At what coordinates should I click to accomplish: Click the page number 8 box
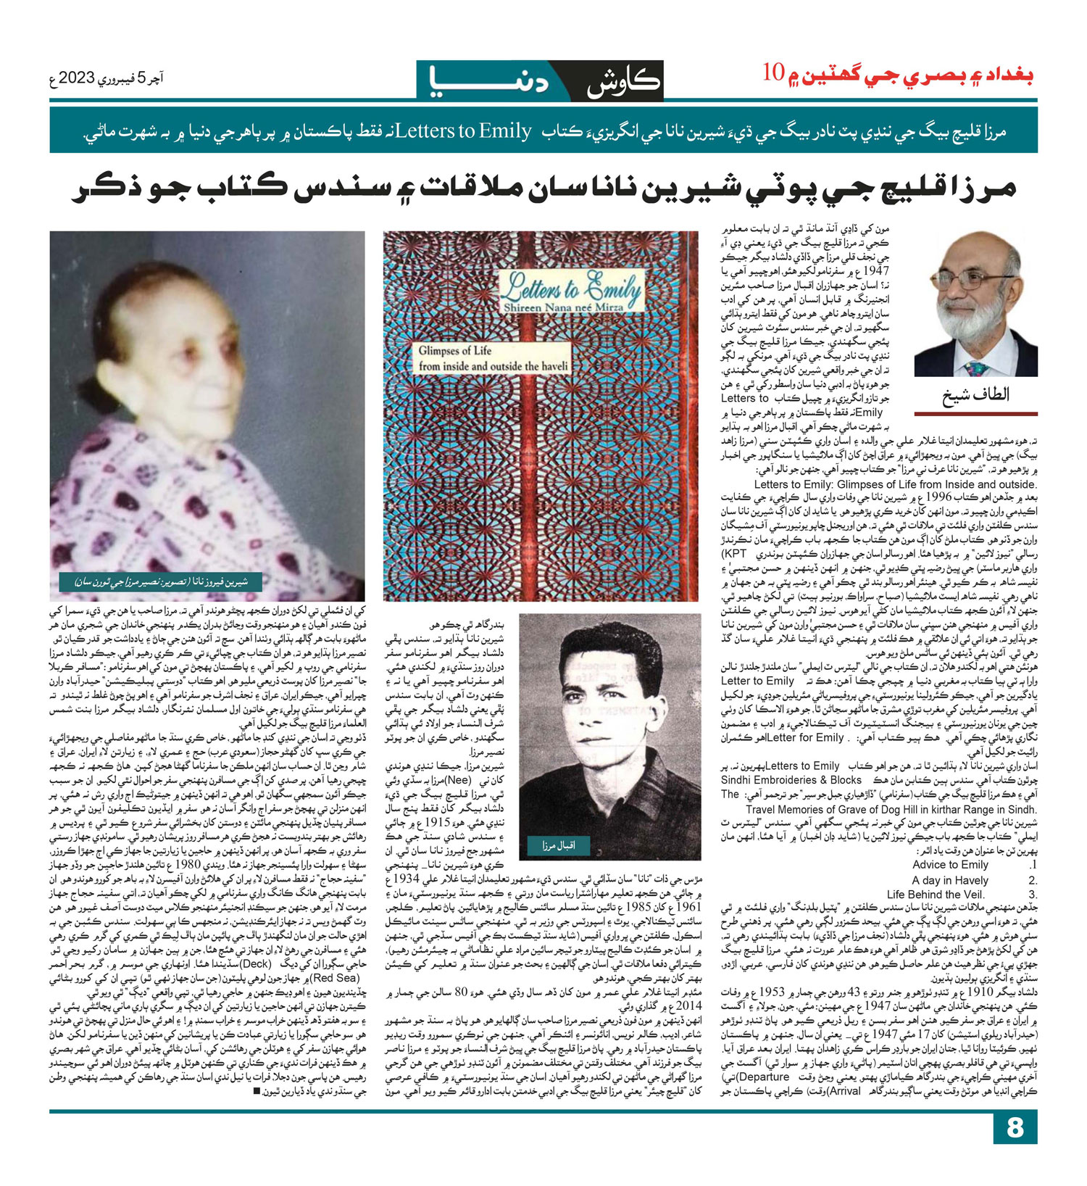[1015, 1148]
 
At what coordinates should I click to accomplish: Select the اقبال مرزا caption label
[557, 845]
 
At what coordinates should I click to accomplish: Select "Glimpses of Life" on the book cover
[455, 351]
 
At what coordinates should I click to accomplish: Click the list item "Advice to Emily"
[950, 865]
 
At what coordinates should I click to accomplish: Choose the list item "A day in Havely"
[950, 880]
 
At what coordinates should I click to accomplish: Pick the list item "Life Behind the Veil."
[936, 895]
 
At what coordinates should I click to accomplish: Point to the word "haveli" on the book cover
[552, 367]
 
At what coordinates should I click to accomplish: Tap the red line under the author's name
[975, 414]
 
